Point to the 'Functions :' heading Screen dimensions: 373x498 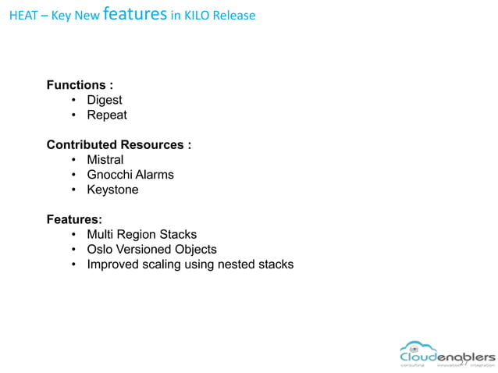[x=80, y=85]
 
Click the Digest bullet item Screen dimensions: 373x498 [x=105, y=100]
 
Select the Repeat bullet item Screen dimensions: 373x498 [x=107, y=115]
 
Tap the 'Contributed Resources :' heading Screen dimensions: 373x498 [x=119, y=145]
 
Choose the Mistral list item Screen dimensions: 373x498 [x=105, y=160]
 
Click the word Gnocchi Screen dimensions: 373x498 [x=110, y=175]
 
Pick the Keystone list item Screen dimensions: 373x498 [x=112, y=190]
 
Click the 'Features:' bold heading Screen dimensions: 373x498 [x=74, y=220]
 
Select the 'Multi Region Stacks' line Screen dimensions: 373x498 [x=141, y=235]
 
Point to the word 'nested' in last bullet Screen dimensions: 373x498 [x=239, y=265]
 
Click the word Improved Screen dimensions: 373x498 [x=113, y=265]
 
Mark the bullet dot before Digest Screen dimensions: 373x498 [x=73, y=101]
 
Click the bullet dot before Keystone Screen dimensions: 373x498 [x=73, y=190]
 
